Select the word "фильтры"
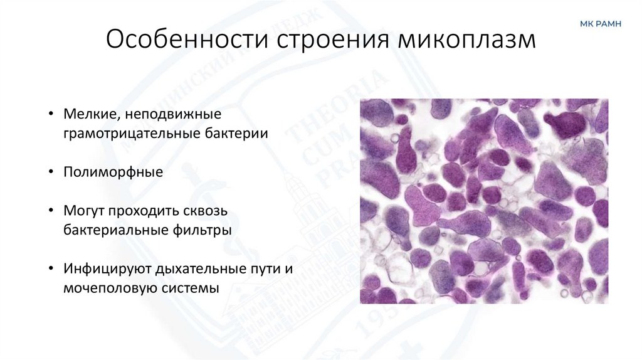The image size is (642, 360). point(199,230)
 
